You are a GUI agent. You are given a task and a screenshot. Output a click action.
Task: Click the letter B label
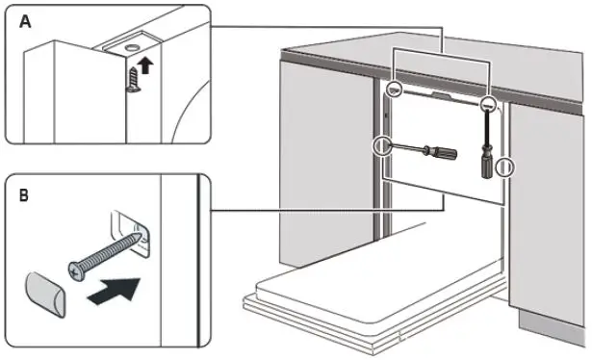[x=20, y=194]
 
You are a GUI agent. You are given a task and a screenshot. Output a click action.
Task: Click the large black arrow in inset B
[x=112, y=291]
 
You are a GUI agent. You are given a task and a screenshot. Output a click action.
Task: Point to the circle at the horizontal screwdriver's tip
[x=382, y=146]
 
